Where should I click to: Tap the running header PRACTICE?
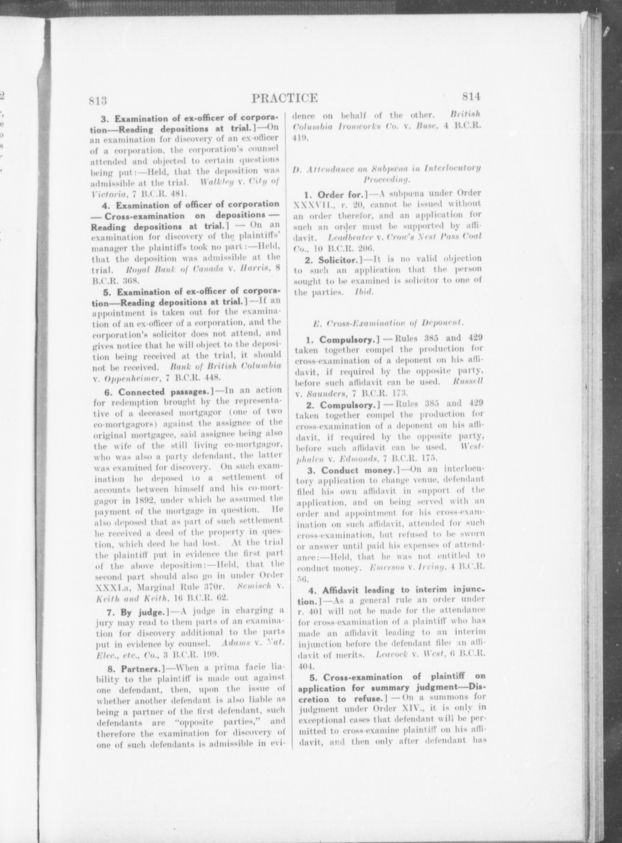tap(284, 98)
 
